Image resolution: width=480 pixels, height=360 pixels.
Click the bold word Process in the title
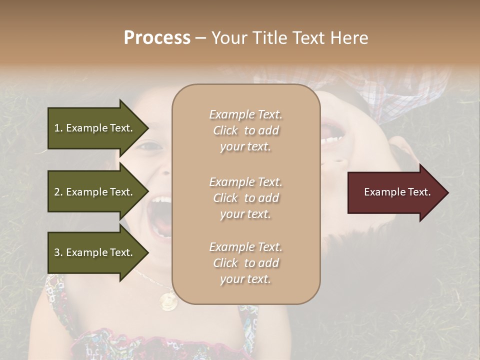(157, 37)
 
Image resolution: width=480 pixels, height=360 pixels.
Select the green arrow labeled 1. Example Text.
(95, 128)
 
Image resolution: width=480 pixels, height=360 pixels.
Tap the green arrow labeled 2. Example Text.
(95, 192)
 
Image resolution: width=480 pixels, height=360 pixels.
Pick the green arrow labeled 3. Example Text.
(95, 252)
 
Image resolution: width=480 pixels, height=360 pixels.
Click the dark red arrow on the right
(395, 192)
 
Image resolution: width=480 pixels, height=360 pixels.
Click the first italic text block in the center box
(245, 130)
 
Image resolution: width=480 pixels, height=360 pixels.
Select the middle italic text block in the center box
(245, 197)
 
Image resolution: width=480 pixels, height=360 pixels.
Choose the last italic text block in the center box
(245, 263)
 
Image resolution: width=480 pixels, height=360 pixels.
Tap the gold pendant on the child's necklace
(167, 301)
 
